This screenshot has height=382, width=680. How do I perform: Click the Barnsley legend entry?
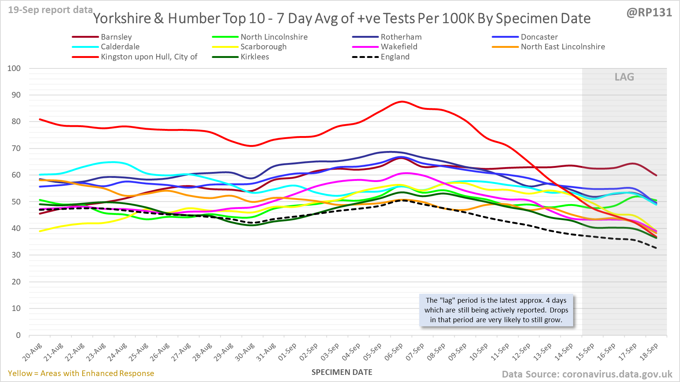[x=116, y=37]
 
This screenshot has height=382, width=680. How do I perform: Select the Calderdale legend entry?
[x=120, y=47]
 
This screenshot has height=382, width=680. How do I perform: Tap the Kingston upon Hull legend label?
[x=149, y=57]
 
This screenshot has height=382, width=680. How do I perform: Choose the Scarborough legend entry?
[x=263, y=47]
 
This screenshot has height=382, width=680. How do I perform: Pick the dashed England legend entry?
[x=395, y=57]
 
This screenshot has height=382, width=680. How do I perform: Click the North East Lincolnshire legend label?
[x=563, y=47]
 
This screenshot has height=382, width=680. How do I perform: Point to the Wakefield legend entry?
[x=399, y=47]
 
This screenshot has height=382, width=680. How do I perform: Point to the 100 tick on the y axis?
[x=14, y=68]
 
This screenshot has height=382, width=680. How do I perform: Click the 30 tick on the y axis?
[x=16, y=255]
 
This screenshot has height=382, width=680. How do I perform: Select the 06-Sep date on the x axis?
[x=394, y=352]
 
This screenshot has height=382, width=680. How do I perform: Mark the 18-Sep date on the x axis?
[x=649, y=352]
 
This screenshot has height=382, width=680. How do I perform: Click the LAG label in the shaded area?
[x=624, y=77]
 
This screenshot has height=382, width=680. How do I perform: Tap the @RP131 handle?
[x=649, y=13]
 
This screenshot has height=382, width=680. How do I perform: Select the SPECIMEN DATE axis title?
[x=342, y=372]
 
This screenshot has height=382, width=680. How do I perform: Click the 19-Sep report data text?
[x=50, y=10]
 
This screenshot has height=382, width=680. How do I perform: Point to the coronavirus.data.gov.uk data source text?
[x=587, y=374]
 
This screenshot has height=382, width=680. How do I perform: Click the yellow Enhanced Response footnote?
[x=81, y=373]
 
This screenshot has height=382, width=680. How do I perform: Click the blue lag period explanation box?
[x=496, y=310]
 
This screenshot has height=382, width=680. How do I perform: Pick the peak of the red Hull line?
[x=402, y=101]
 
